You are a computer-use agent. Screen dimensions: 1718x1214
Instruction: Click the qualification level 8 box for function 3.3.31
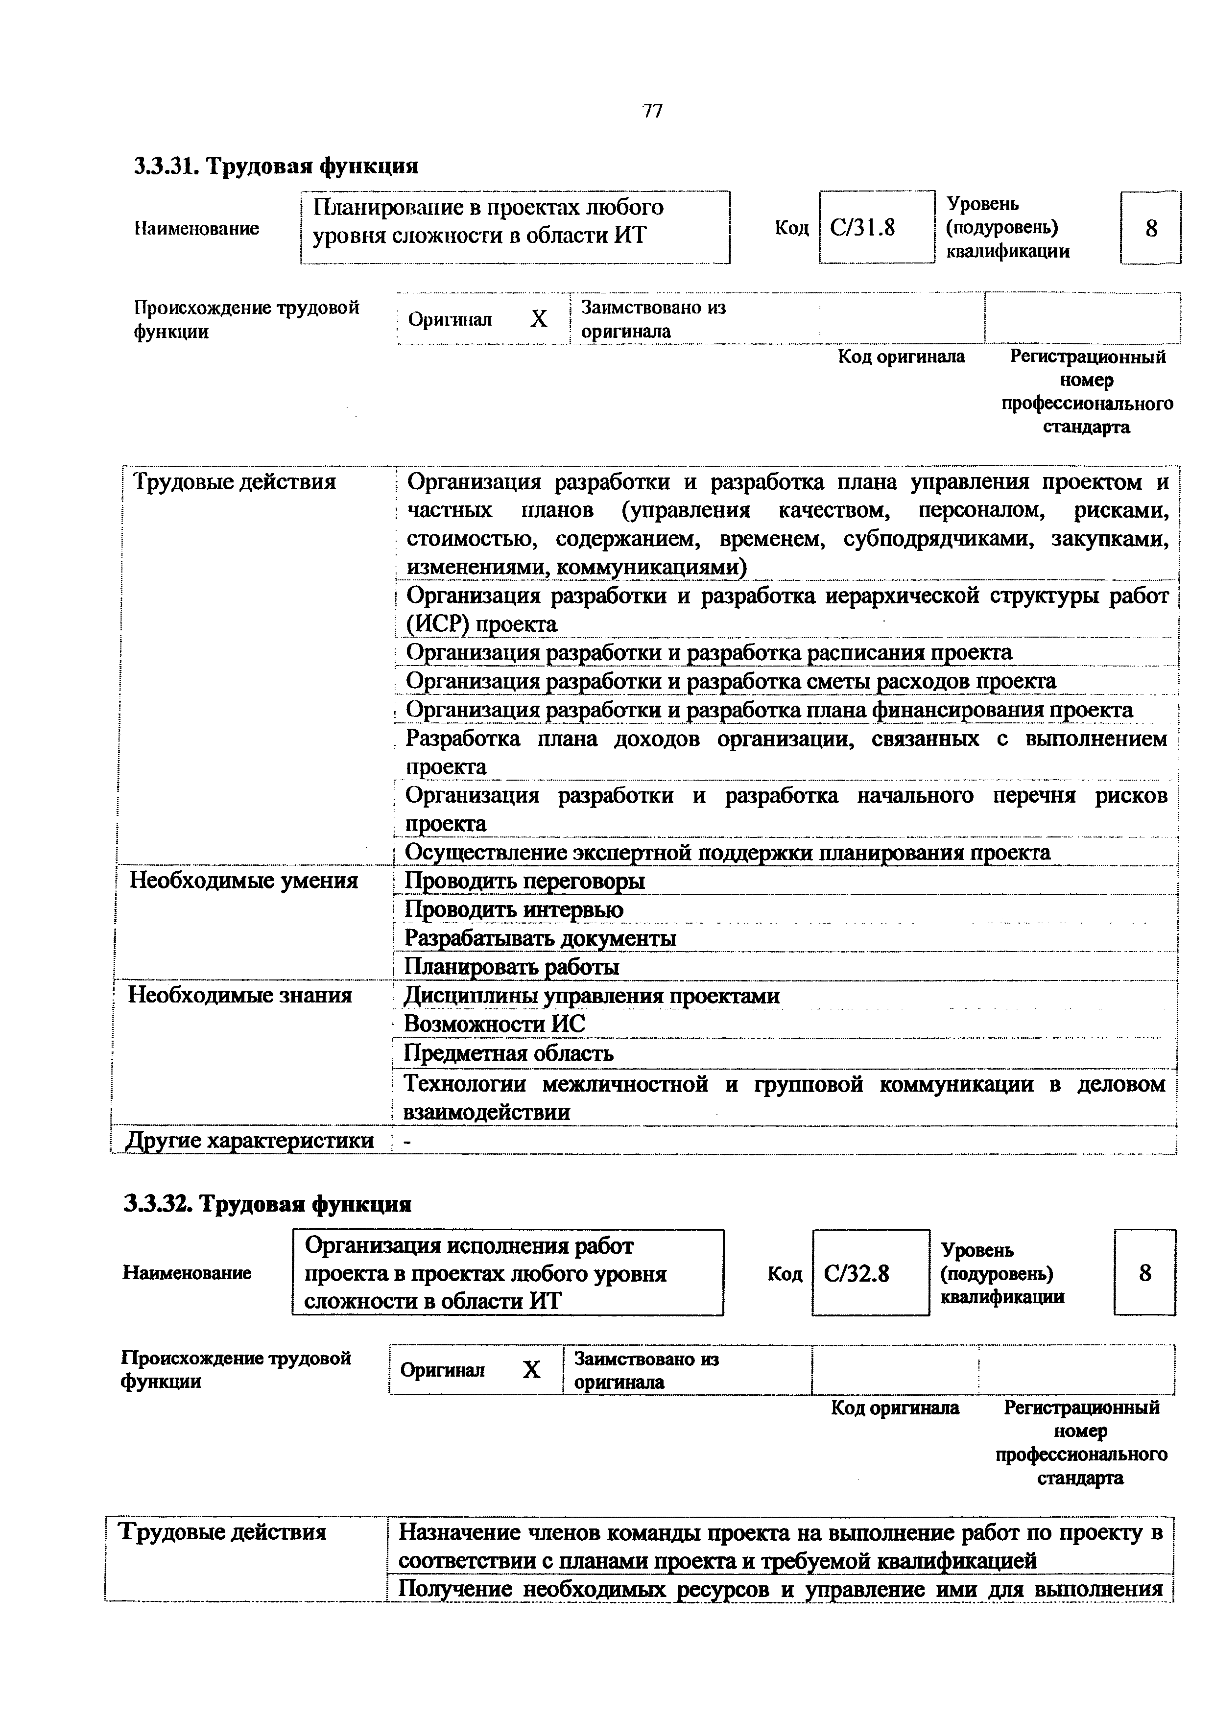(1150, 227)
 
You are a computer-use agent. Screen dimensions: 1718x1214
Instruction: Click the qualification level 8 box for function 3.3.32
(1144, 1273)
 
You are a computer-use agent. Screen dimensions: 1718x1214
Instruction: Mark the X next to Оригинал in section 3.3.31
(539, 319)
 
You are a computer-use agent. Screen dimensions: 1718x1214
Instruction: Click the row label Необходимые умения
(244, 880)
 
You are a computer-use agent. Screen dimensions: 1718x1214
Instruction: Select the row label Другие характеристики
(249, 1140)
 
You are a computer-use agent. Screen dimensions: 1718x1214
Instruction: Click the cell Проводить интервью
(514, 910)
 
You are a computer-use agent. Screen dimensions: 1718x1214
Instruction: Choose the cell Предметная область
(509, 1053)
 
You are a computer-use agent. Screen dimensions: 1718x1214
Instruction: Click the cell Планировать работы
(512, 968)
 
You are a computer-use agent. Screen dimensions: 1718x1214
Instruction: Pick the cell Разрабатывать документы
(540, 938)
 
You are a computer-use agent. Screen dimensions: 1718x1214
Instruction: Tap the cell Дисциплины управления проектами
(592, 996)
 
